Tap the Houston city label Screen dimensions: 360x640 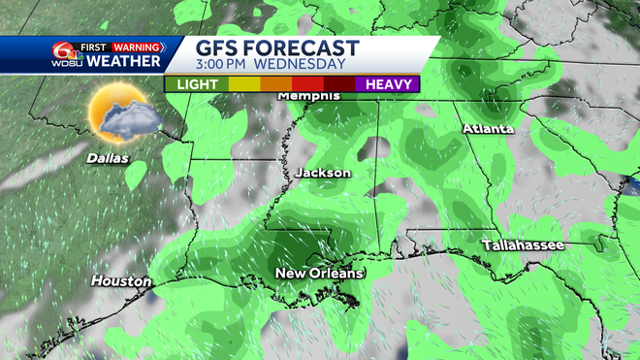(121, 281)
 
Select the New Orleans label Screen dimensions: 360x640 (319, 274)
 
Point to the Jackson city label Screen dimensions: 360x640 (322, 173)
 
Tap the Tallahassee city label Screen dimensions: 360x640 (524, 245)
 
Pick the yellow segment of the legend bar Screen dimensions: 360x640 (243, 84)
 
